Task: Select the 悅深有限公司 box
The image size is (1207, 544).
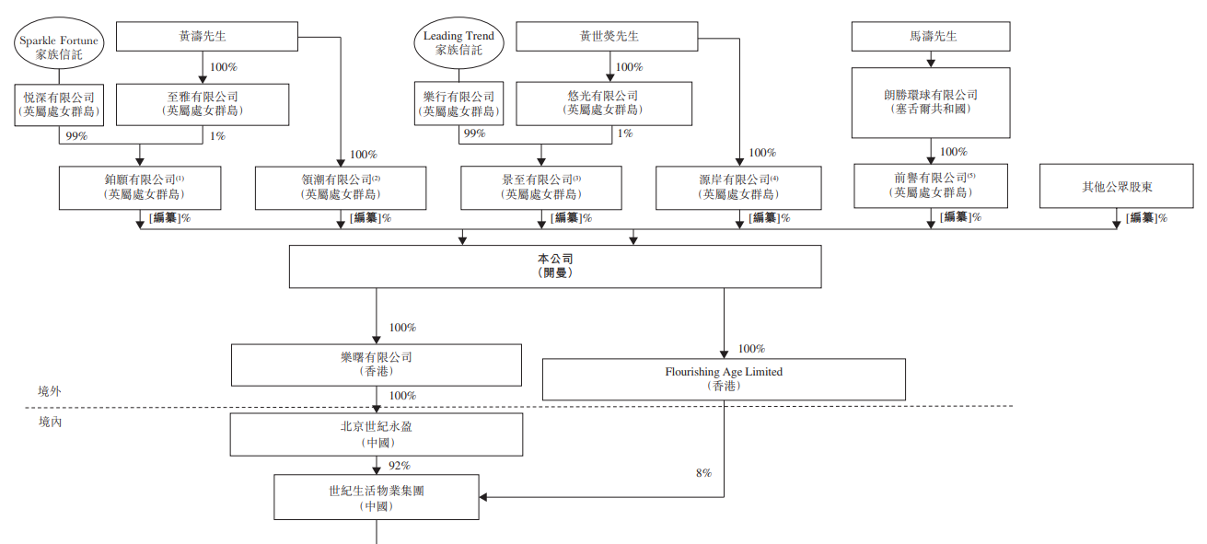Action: [x=59, y=104]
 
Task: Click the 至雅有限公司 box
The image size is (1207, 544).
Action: [x=203, y=104]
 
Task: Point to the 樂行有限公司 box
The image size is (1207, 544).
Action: [x=458, y=104]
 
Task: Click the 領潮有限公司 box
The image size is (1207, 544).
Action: [x=341, y=187]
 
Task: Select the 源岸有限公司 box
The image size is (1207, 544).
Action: [x=738, y=187]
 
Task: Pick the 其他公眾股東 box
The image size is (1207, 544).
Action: [x=1117, y=187]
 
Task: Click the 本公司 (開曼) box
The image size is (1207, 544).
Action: [x=554, y=266]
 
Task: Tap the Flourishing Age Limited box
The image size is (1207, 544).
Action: [x=724, y=378]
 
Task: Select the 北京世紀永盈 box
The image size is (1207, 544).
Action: [x=377, y=434]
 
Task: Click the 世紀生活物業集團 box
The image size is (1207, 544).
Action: [x=377, y=497]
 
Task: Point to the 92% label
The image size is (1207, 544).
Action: [x=400, y=466]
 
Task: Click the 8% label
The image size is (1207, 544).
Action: [x=703, y=473]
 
